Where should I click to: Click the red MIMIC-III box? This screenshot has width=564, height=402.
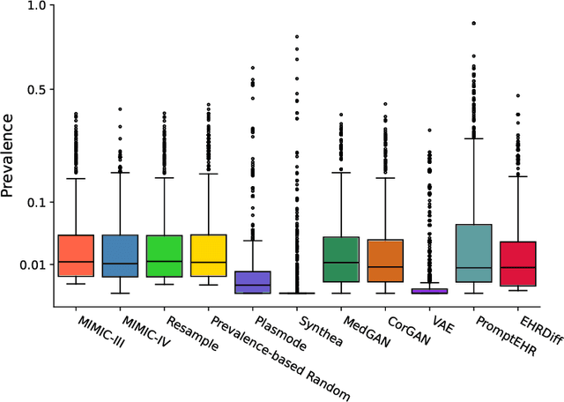(76, 256)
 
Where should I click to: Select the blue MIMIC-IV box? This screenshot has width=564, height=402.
(120, 256)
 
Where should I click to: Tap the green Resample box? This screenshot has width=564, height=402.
(164, 256)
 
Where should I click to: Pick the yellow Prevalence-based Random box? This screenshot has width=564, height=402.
(208, 256)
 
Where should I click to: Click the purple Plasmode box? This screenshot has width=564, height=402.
(253, 282)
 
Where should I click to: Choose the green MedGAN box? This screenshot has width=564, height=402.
(341, 259)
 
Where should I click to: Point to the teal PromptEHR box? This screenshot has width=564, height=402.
(474, 253)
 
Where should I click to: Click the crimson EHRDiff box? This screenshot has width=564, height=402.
(518, 263)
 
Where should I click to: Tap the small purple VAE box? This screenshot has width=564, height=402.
(430, 291)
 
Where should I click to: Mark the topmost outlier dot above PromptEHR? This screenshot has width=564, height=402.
(474, 23)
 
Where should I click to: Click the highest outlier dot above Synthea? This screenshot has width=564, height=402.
(297, 36)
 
